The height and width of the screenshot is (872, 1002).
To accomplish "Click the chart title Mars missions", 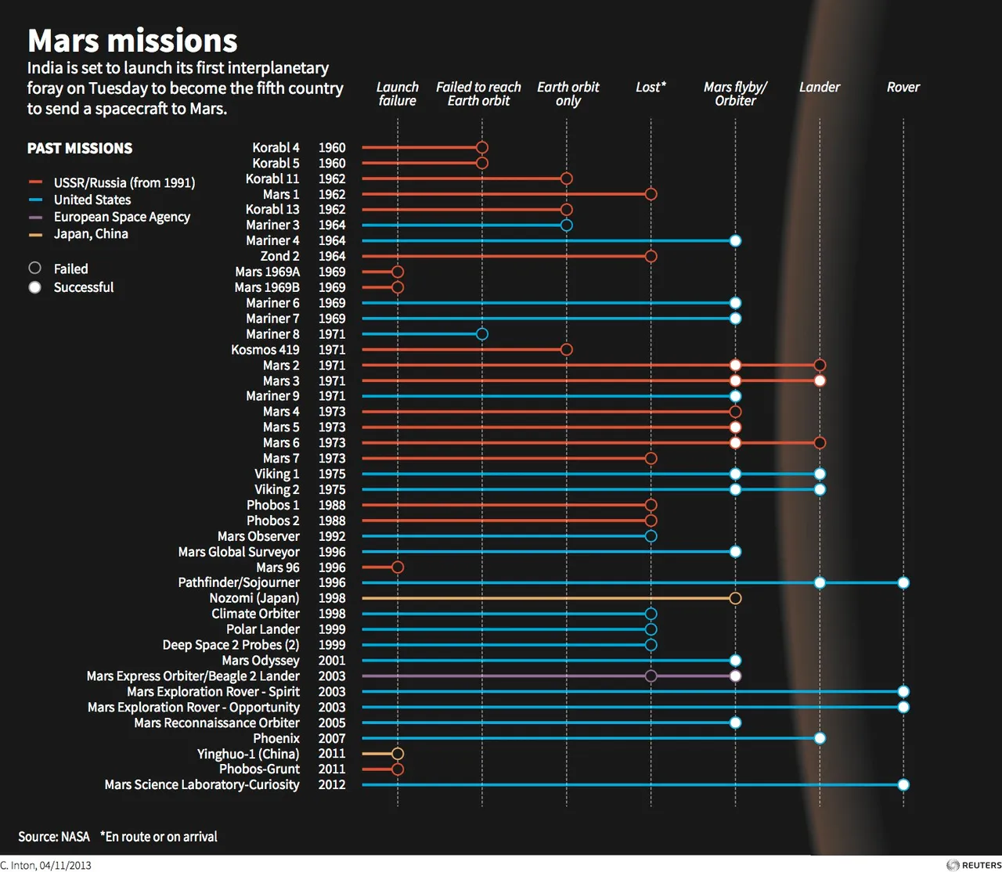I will pos(132,41).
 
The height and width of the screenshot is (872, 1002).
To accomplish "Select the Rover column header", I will pos(903,87).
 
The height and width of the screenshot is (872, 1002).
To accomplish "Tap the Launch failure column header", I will pos(398,94).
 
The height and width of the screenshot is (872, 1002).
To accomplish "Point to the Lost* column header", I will pos(651,87).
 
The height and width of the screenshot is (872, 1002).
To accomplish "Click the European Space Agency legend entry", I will pos(121,217).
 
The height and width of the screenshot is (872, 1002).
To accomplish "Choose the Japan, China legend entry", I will pos(91,234).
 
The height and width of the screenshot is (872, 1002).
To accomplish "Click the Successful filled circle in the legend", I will pos(35,287).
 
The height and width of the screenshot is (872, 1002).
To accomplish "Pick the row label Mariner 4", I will pos(272,240).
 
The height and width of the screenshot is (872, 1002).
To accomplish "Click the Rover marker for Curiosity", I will pos(903,784).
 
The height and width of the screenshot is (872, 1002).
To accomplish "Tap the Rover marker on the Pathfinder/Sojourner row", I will pos(903,582).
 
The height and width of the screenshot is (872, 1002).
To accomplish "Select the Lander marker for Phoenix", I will pos(820,738).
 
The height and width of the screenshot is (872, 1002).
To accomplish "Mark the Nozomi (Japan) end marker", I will pos(735,598).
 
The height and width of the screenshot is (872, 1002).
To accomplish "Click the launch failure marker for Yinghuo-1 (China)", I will pos(398,754).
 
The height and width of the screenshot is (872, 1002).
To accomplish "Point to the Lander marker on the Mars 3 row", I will pos(820,380).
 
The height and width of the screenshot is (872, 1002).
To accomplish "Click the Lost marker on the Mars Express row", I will pos(651,676).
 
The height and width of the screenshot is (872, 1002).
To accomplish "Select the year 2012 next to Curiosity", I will pos(332,784).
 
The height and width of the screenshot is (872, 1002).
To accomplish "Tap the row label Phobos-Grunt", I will pos(259,769).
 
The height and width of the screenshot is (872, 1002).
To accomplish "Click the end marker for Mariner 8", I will pos(482,334).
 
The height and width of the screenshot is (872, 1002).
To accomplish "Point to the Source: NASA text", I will pos(54,837).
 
